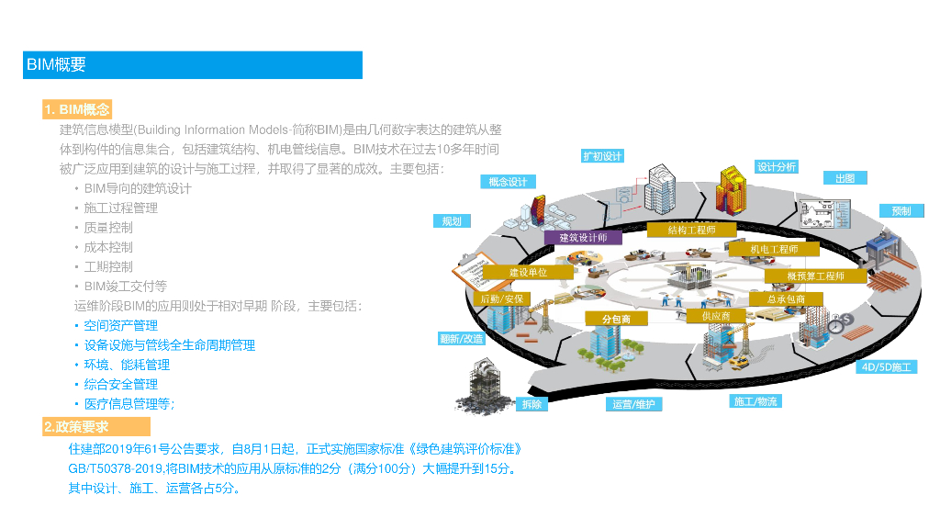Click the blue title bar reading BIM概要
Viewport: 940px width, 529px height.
click(193, 65)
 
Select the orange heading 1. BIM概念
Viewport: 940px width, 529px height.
click(77, 109)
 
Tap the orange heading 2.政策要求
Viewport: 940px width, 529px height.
click(95, 427)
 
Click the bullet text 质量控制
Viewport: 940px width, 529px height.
click(108, 228)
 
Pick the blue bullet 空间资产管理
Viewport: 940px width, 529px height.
click(120, 326)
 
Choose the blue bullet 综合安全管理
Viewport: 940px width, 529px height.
click(120, 385)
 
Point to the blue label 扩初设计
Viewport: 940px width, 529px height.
click(602, 156)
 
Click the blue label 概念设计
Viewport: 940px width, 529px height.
click(507, 182)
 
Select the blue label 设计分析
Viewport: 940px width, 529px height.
click(777, 167)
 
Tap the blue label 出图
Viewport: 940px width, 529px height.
click(845, 179)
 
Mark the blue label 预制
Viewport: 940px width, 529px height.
click(901, 211)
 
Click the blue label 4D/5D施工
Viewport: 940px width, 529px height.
click(887, 367)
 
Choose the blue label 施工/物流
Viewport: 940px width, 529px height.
click(755, 401)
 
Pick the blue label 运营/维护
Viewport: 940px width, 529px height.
click(633, 404)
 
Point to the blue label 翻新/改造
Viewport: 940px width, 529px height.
click(461, 339)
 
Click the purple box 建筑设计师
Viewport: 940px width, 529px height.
click(584, 238)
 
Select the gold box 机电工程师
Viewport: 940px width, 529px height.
click(774, 249)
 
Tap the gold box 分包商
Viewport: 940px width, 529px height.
click(617, 319)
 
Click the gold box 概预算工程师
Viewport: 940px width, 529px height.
click(815, 276)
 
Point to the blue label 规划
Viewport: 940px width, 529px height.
click(452, 221)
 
